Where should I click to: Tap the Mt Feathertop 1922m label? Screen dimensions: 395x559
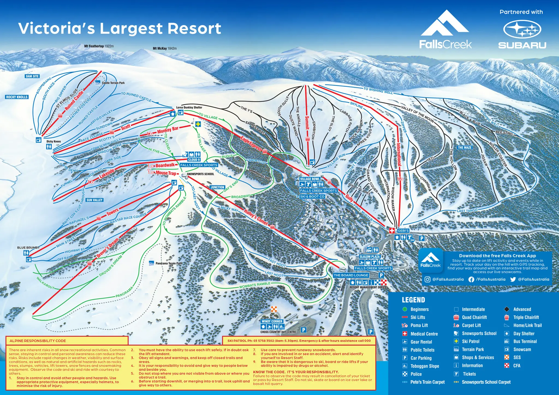[x=99, y=46]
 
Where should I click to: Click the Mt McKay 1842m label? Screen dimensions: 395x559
[x=165, y=49]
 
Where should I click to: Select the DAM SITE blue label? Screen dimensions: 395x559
[x=32, y=76]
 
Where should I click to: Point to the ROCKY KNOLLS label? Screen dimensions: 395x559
[x=17, y=97]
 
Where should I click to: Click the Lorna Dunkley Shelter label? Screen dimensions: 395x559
[x=189, y=107]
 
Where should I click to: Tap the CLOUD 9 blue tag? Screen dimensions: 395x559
[x=194, y=160]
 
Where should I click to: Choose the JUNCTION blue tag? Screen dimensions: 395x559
[x=217, y=187]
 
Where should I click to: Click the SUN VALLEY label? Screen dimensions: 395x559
[x=94, y=200]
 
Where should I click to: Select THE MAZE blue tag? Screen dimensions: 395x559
[x=465, y=148]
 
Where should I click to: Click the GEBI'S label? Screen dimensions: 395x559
[x=403, y=231]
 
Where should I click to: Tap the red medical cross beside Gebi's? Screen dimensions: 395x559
[x=392, y=231]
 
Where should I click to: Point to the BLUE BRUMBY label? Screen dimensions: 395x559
[x=28, y=248]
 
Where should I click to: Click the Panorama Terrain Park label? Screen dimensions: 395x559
[x=168, y=264]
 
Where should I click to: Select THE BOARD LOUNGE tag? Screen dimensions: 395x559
[x=351, y=275]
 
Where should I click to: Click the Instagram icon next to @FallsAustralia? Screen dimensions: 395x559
[x=427, y=279]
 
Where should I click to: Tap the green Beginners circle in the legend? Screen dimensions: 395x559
[x=405, y=309]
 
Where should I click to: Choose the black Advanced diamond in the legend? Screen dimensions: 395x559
[x=507, y=309]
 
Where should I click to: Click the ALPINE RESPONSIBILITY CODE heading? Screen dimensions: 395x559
[x=38, y=341]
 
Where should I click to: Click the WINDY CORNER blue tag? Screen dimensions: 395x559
[x=272, y=321]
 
